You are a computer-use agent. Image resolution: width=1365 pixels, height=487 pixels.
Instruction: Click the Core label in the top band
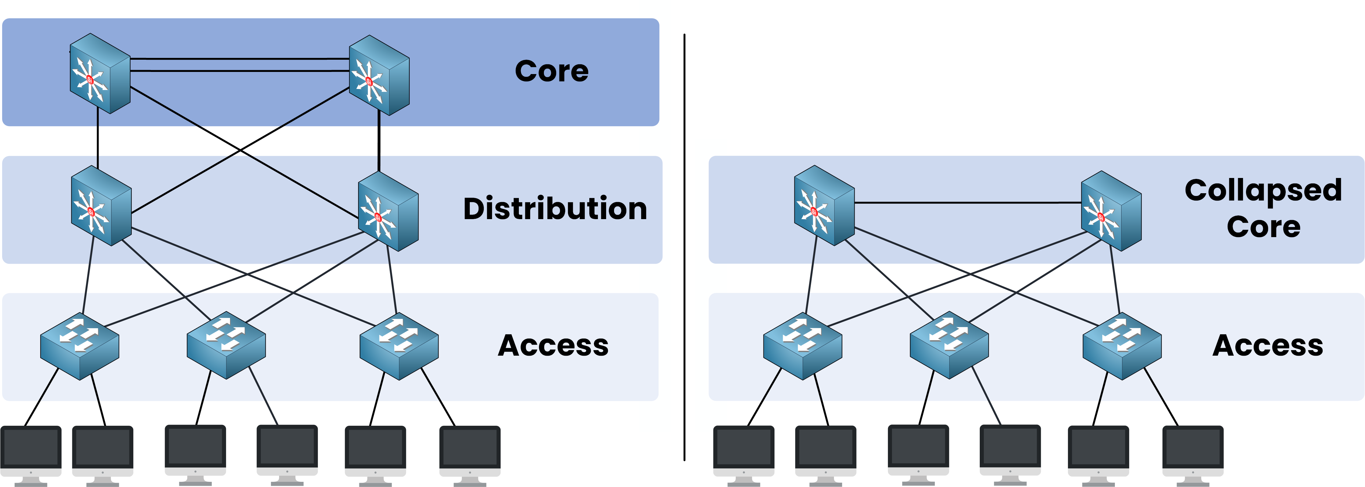tap(551, 71)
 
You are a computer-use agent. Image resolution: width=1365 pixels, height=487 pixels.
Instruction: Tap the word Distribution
tap(555, 208)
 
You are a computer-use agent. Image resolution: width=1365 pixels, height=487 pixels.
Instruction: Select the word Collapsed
tap(1263, 190)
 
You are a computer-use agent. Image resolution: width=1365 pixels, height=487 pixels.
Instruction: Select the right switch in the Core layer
tap(379, 75)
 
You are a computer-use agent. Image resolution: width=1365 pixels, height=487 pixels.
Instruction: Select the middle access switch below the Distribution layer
tap(226, 345)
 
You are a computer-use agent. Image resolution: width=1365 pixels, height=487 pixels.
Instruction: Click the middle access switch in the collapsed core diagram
tap(949, 345)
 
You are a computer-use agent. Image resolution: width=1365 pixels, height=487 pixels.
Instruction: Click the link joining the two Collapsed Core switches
tap(968, 203)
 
